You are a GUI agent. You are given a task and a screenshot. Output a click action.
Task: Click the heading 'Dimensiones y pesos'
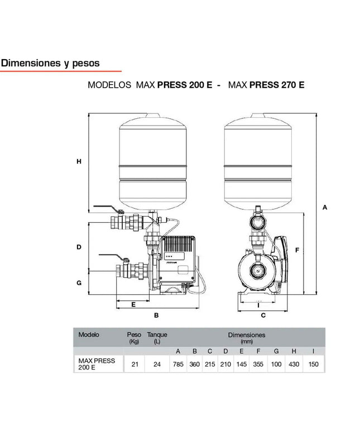coord(50,63)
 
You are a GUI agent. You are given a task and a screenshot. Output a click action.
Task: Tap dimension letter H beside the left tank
coord(79,162)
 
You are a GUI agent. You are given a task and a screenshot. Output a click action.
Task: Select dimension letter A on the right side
coord(325,207)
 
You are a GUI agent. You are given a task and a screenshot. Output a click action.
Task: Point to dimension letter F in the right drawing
coord(297,250)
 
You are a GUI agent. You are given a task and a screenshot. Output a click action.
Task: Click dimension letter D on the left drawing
coord(79,247)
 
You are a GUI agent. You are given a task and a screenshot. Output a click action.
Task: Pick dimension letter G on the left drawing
coord(79,282)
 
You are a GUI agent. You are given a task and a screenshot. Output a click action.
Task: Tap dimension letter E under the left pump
coord(134,305)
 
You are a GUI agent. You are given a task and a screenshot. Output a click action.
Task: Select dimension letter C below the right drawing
coord(263,315)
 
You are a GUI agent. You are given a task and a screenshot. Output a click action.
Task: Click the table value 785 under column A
coord(178,364)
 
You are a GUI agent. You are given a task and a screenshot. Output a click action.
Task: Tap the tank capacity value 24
coord(157,364)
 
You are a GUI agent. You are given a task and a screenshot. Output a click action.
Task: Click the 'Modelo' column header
coord(89,335)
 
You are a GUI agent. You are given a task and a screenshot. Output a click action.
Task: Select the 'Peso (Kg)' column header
coord(134,338)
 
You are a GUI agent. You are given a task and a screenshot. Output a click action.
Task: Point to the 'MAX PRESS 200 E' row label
coord(97,364)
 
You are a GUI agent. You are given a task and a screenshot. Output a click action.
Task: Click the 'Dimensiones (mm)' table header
coord(246,338)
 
